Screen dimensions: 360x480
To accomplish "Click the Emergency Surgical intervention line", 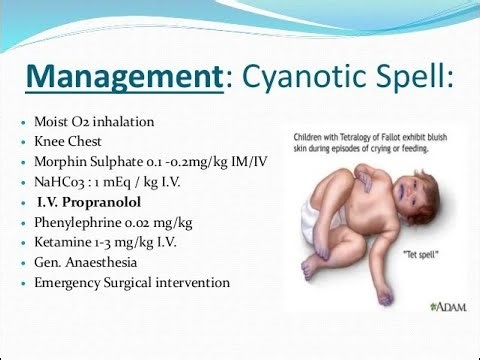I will pyautogui.click(x=130, y=282).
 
